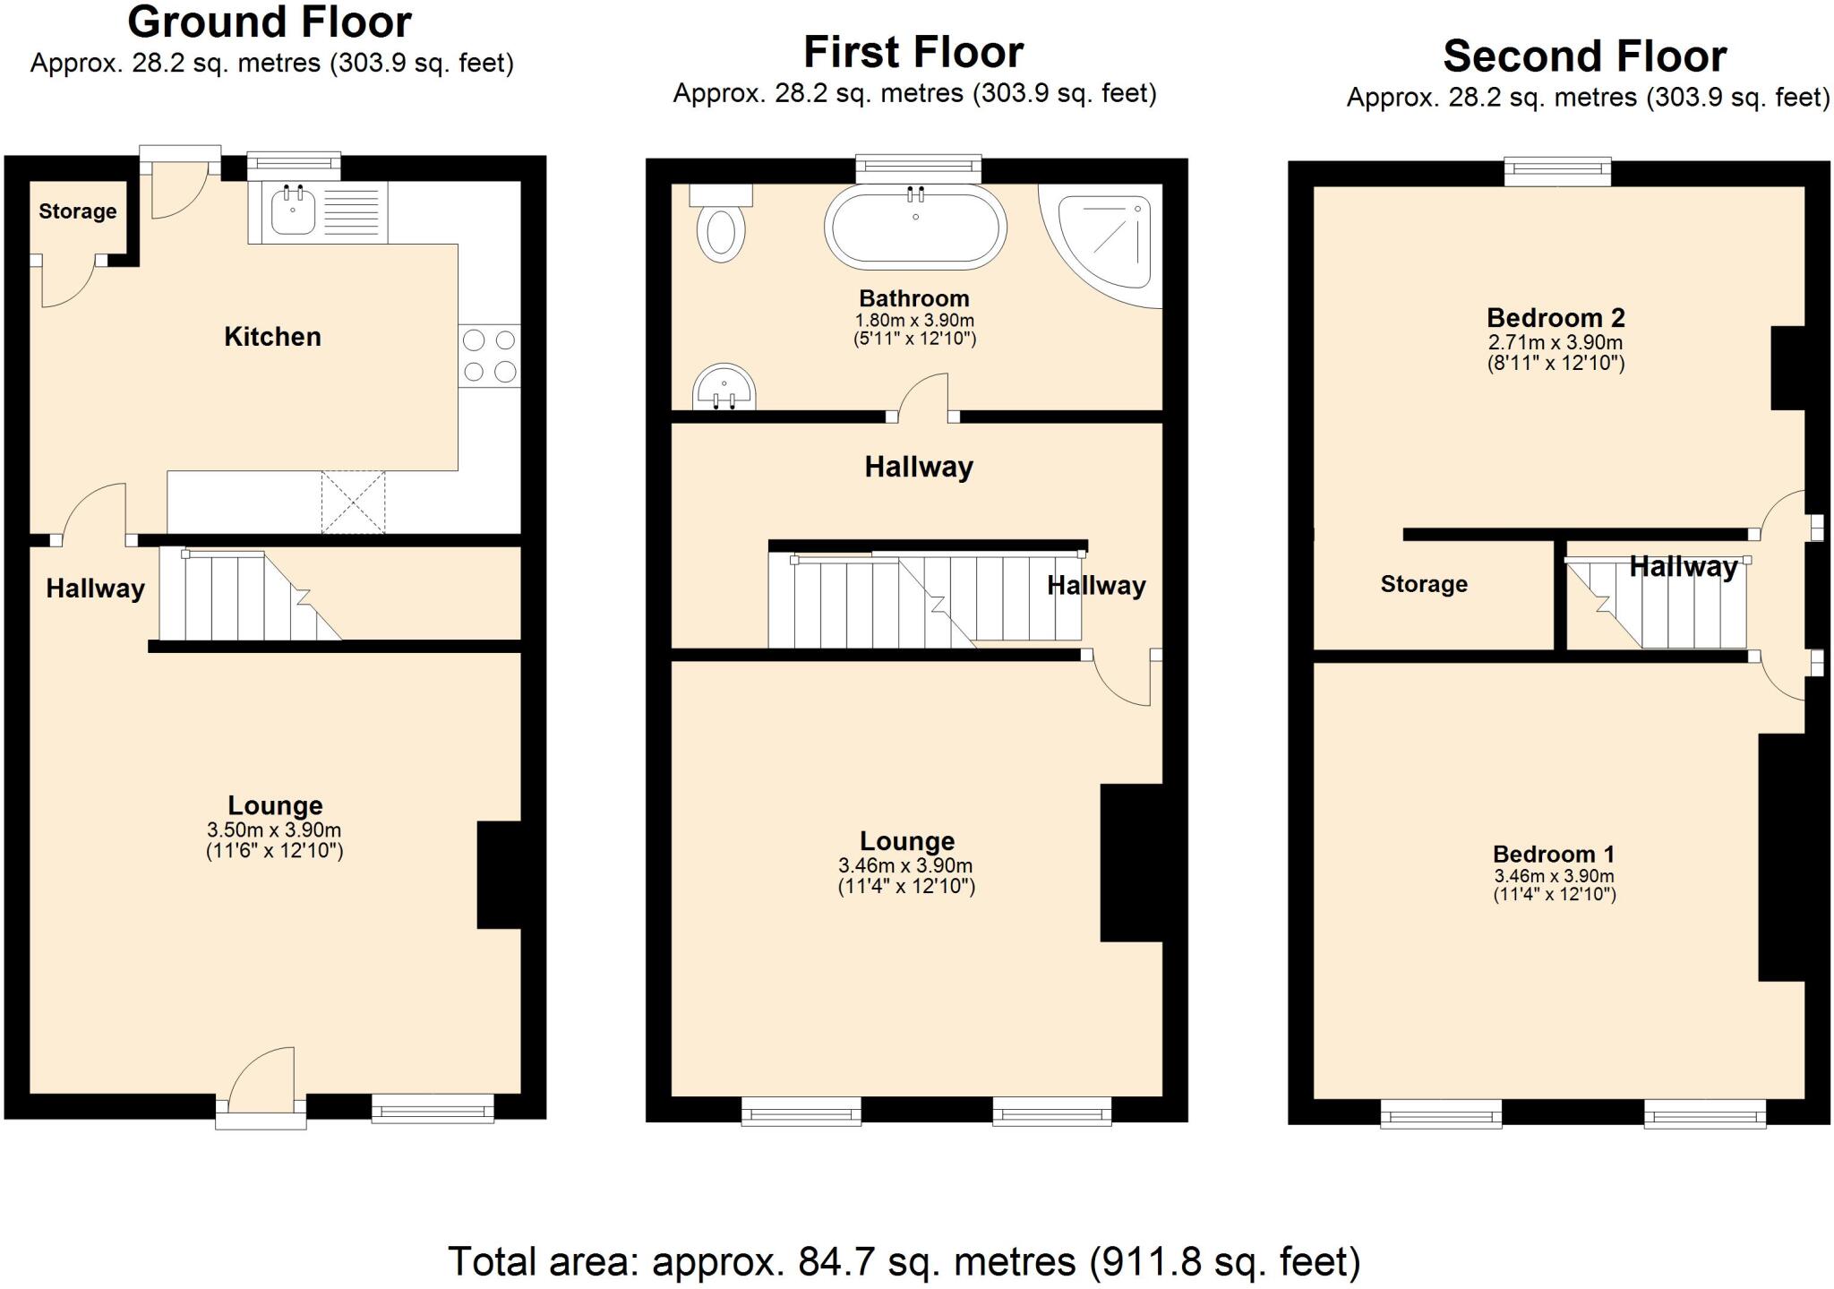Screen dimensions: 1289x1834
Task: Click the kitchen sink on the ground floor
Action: (x=294, y=211)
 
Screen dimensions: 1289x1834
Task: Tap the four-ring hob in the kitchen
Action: (x=489, y=356)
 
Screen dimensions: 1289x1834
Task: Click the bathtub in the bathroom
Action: (x=915, y=227)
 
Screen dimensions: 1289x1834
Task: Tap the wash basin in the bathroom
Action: (x=724, y=387)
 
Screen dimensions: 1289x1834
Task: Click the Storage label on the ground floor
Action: (x=78, y=211)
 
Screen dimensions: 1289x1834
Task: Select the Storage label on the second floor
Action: (x=1424, y=584)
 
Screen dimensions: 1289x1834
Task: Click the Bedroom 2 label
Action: (x=1555, y=318)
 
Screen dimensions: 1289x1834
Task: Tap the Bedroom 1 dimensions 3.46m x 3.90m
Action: (x=1555, y=876)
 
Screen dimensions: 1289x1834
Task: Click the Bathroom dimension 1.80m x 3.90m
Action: (x=914, y=321)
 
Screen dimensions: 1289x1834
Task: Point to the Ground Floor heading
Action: (x=270, y=22)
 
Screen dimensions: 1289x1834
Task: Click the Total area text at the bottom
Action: (x=904, y=1262)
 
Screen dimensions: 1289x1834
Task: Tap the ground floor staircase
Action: (x=246, y=596)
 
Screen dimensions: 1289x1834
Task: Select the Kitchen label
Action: (x=272, y=337)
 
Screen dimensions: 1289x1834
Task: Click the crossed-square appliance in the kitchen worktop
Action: (x=353, y=503)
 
